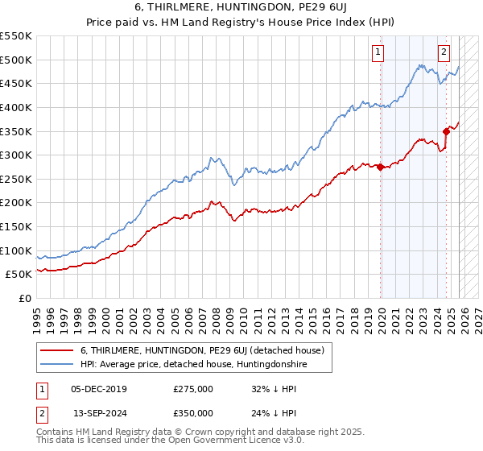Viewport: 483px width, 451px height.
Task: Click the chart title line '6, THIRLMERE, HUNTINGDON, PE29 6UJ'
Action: (241, 6)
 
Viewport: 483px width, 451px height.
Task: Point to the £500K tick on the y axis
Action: (15, 60)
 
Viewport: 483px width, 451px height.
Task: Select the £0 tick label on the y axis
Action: (23, 298)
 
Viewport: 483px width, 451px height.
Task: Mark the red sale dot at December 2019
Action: (381, 167)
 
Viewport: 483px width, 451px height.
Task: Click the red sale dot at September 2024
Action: (446, 131)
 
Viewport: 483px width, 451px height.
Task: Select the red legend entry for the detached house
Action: (201, 350)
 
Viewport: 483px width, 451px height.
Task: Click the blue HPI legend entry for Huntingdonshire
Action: (193, 365)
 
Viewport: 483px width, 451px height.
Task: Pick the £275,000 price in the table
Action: (193, 389)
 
